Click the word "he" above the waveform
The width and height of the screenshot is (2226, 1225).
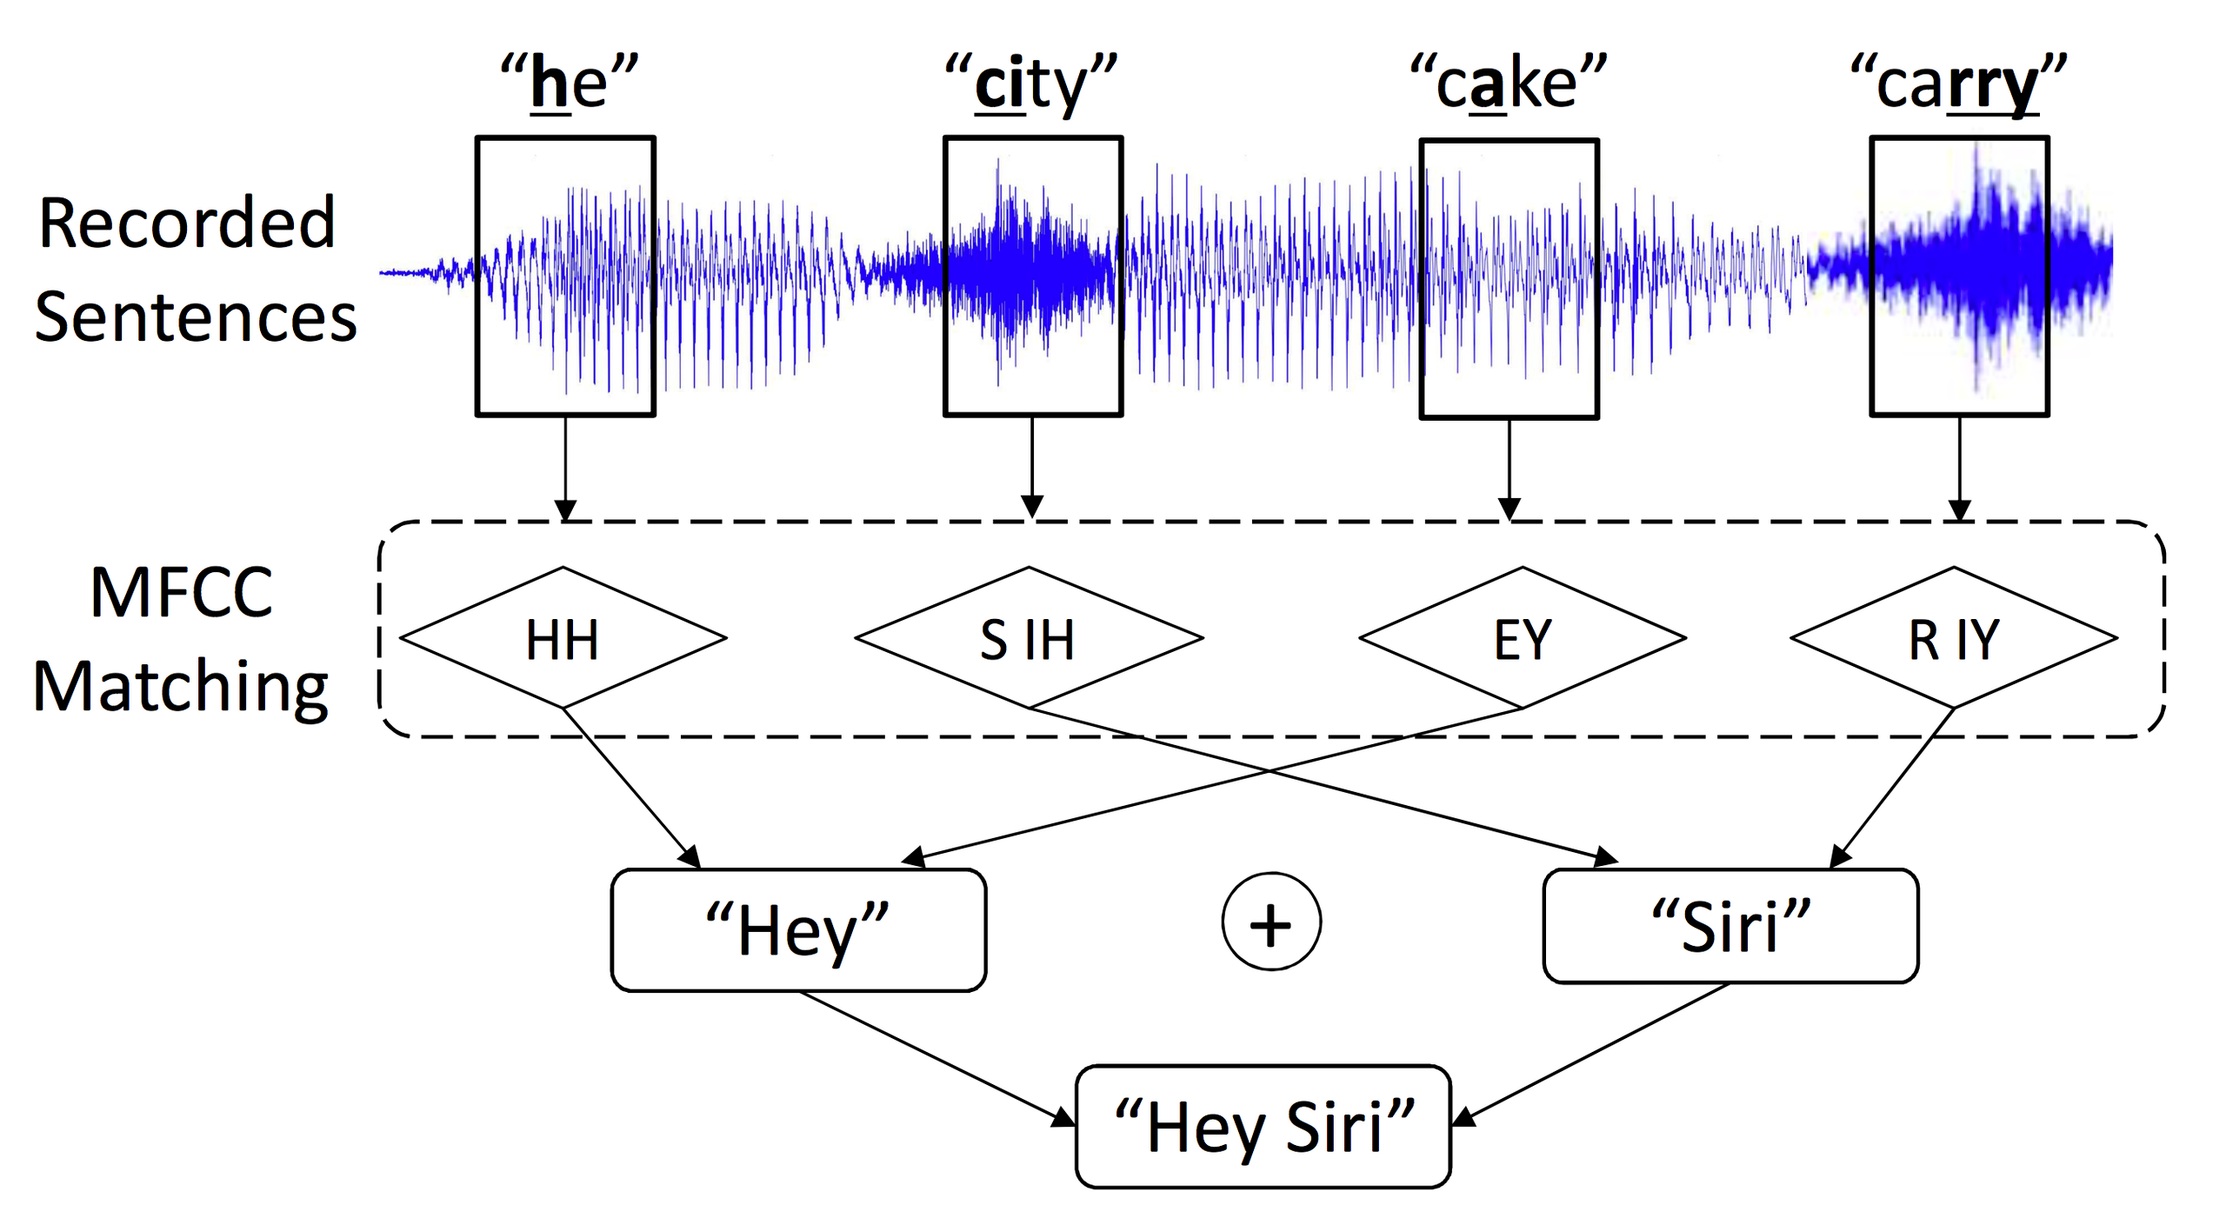pyautogui.click(x=569, y=83)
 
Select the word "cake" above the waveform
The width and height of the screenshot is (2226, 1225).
pyautogui.click(x=1508, y=83)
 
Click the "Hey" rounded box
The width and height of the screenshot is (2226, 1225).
pyautogui.click(x=798, y=929)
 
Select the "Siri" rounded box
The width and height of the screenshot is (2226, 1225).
pyautogui.click(x=1730, y=926)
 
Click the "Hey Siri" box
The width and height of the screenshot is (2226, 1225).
pyautogui.click(x=1263, y=1127)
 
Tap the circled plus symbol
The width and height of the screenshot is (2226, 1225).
pyautogui.click(x=1271, y=922)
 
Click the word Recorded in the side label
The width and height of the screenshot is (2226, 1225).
pyautogui.click(x=187, y=223)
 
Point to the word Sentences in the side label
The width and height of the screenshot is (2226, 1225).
pyautogui.click(x=196, y=316)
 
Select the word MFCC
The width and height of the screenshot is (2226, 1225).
pyautogui.click(x=182, y=592)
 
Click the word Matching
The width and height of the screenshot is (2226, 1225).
pyautogui.click(x=181, y=687)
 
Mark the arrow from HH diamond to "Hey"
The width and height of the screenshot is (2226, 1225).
pyautogui.click(x=630, y=788)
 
